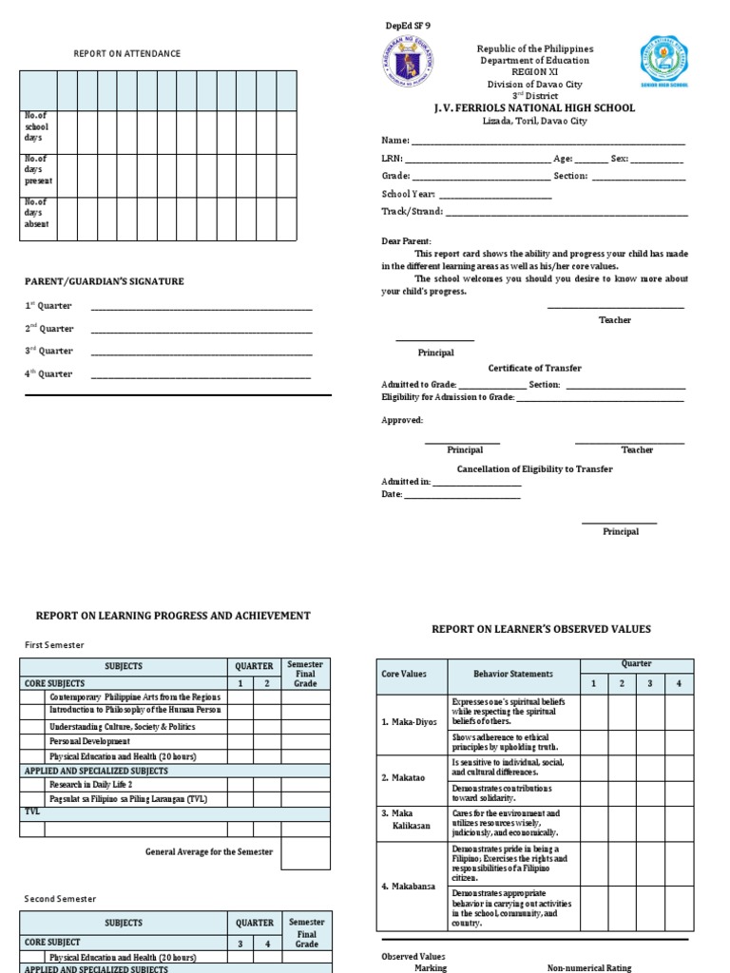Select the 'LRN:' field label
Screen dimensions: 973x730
tap(392, 159)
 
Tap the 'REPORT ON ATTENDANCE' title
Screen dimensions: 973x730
tap(126, 53)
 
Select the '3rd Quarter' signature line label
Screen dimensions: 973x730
tap(48, 352)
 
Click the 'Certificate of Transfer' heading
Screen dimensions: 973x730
tap(534, 368)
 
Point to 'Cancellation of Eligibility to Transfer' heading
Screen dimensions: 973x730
tap(534, 468)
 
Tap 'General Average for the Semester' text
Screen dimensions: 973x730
tap(208, 851)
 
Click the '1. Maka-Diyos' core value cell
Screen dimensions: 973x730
tap(410, 721)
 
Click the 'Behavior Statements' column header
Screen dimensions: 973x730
tap(513, 674)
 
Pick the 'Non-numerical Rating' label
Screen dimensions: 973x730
tap(588, 967)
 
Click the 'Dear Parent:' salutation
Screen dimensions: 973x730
tap(406, 241)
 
